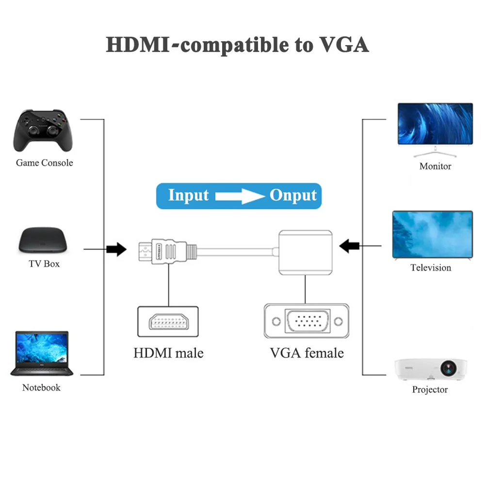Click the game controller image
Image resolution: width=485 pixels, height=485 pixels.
tap(44, 130)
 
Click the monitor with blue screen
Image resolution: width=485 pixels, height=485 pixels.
tap(435, 128)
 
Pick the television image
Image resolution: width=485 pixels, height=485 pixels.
tap(432, 235)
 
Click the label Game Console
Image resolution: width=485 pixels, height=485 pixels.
tap(45, 163)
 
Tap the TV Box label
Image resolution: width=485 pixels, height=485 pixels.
tap(44, 264)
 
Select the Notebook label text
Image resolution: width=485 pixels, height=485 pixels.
tap(42, 388)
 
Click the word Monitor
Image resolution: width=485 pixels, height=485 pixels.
tap(435, 166)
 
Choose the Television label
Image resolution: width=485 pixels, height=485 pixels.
tap(431, 268)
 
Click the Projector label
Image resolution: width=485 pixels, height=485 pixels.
tap(430, 389)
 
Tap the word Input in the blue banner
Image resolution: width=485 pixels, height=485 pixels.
tap(188, 195)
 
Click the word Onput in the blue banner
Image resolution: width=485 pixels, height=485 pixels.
tap(293, 195)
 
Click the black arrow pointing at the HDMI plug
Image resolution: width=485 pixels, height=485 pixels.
tap(116, 250)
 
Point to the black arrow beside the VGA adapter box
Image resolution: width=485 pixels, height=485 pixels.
tap(350, 246)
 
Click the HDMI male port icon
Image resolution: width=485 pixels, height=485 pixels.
tap(168, 322)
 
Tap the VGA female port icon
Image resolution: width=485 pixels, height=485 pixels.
tap(306, 321)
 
